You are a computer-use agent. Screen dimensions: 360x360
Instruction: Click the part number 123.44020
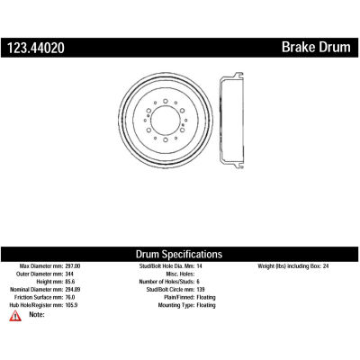36,48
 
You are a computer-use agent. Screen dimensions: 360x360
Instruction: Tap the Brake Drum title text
316,48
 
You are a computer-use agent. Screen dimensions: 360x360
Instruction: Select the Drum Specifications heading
179,255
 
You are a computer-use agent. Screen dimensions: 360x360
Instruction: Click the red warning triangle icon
15,316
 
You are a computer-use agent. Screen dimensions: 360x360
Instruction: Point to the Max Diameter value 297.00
73,266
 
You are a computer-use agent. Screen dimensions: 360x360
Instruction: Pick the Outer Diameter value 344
69,274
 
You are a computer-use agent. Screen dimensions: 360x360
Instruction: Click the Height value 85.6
70,282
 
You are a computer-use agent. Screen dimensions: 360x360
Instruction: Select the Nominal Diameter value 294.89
73,290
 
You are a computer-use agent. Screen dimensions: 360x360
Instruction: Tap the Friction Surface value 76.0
70,297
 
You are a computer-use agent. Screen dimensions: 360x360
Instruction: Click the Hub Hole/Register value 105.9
72,305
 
